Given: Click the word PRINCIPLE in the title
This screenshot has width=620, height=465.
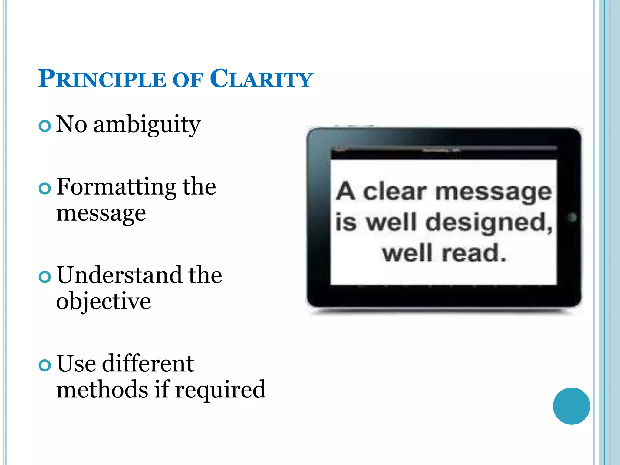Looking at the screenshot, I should point(102,79).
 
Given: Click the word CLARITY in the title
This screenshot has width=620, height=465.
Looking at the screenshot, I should point(261,79).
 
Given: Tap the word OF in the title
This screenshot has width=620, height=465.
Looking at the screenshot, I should point(187,80).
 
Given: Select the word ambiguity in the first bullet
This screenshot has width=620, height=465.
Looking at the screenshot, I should point(147,125).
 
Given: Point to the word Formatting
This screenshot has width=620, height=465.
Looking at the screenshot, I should point(116,187).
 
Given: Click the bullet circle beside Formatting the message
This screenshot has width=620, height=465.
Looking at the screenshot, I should point(45,189).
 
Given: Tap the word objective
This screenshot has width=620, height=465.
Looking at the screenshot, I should point(104,302).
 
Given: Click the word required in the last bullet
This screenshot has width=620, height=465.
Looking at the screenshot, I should point(220,390).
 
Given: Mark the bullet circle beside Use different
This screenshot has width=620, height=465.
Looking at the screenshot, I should point(45,365).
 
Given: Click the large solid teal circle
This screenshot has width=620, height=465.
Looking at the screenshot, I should point(571,406).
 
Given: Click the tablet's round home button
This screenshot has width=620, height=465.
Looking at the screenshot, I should point(572,217).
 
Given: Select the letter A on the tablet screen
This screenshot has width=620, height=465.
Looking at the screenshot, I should point(345,191).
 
